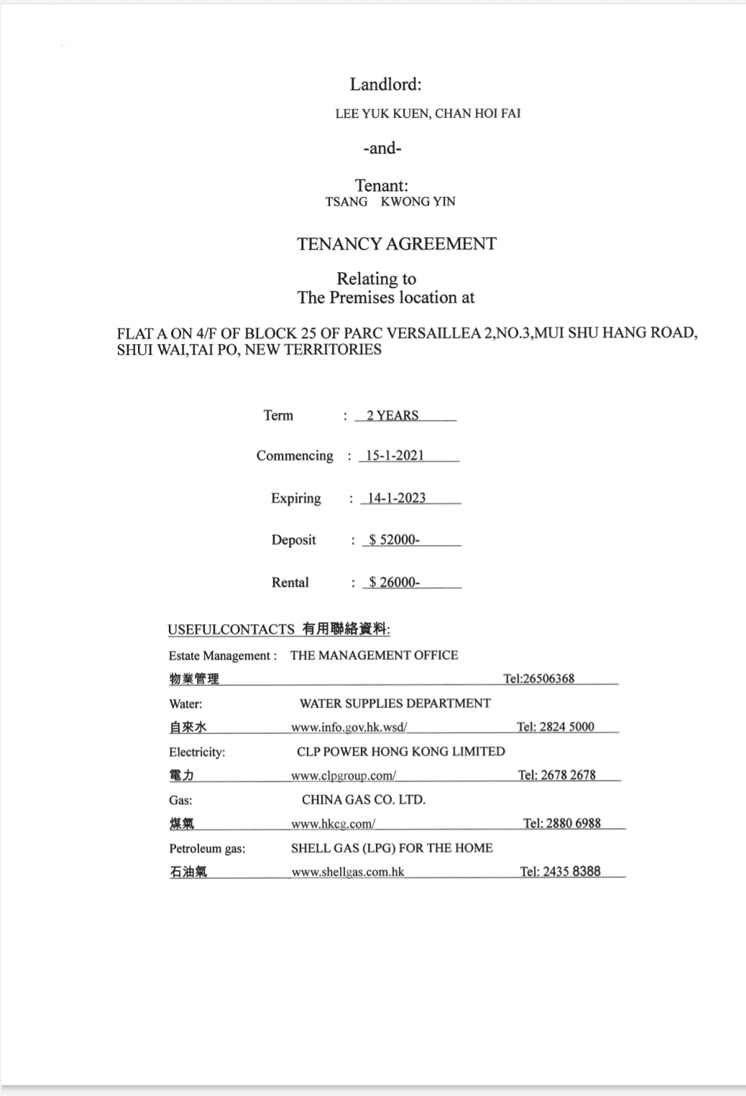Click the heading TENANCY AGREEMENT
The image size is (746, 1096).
pos(396,244)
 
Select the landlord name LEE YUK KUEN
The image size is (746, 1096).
pos(382,113)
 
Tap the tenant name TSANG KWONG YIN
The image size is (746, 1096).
pos(390,202)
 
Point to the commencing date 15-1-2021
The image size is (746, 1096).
pos(395,455)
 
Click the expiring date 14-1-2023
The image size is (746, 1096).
pos(396,498)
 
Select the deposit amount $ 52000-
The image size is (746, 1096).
pos(394,539)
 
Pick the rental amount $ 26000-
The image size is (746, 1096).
pos(394,582)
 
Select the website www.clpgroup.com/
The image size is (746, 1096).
pos(343,776)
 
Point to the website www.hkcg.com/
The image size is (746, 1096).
pos(333,824)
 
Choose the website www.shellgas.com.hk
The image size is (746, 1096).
pos(348,872)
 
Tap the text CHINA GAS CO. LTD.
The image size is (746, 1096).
pos(363,799)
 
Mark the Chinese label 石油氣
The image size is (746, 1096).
pos(188,872)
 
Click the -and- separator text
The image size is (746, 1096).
pos(382,149)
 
